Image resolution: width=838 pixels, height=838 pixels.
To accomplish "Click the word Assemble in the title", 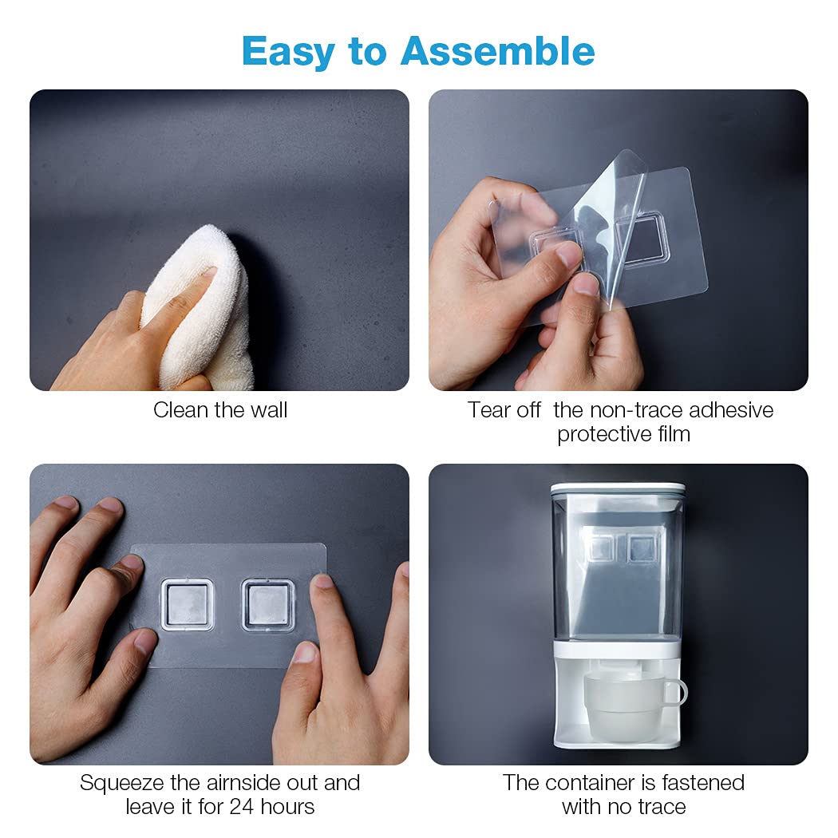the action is tap(497, 51).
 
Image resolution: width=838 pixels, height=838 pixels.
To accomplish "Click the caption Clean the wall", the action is tap(220, 410).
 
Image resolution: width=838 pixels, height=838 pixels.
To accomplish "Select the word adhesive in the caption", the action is tap(731, 410).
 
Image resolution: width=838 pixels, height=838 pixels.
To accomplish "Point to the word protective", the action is tap(603, 434).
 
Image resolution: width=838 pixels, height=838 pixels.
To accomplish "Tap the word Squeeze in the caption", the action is tap(122, 784).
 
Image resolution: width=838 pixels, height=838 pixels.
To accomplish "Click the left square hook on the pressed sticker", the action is tap(187, 604).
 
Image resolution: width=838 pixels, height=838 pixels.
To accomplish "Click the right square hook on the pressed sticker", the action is tap(268, 605).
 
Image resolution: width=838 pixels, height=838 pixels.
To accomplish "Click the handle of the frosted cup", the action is tap(678, 693).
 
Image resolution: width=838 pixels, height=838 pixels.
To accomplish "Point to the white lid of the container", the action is tap(618, 490).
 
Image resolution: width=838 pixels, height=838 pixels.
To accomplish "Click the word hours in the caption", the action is tap(287, 806).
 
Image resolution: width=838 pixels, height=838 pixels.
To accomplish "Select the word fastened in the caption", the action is tap(703, 782).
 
